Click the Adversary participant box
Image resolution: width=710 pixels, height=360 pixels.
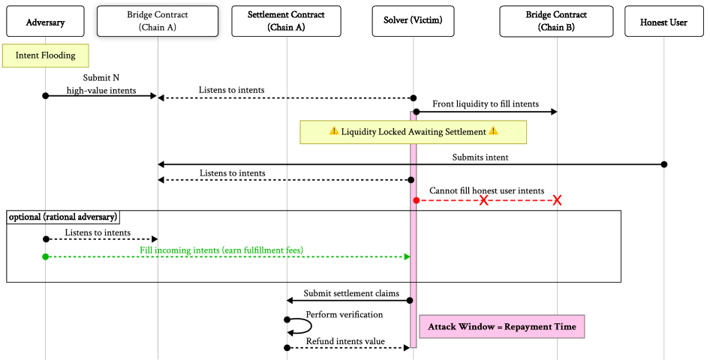pyautogui.click(x=45, y=22)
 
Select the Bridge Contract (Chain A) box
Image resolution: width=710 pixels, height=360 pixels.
pyautogui.click(x=158, y=22)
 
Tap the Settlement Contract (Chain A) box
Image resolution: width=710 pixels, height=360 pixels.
pyautogui.click(x=286, y=22)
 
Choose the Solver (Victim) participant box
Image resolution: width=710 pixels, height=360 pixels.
pyautogui.click(x=413, y=22)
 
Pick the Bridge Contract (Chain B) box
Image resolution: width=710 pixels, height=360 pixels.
pyautogui.click(x=556, y=22)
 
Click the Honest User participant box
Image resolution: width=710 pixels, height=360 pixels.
pyautogui.click(x=663, y=22)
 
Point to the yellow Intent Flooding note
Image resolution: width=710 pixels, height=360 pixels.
pyautogui.click(x=45, y=56)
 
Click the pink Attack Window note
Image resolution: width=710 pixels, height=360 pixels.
pyautogui.click(x=501, y=326)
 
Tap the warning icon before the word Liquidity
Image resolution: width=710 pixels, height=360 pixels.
pyautogui.click(x=334, y=132)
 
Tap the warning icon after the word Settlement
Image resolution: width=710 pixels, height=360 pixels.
pyautogui.click(x=493, y=132)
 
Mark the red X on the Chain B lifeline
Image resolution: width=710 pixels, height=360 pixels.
pyautogui.click(x=557, y=200)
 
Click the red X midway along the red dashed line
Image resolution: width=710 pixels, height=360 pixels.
pyautogui.click(x=484, y=200)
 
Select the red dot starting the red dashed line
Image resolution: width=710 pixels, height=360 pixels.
pyautogui.click(x=417, y=200)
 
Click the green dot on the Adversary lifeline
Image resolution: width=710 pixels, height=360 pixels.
pyautogui.click(x=45, y=256)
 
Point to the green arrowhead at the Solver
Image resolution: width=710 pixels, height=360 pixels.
pyautogui.click(x=408, y=256)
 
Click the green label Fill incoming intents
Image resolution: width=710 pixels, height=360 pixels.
pyautogui.click(x=221, y=248)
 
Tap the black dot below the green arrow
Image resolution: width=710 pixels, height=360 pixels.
pyautogui.click(x=411, y=300)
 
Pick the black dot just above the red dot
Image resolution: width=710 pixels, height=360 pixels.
pyautogui.click(x=411, y=180)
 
